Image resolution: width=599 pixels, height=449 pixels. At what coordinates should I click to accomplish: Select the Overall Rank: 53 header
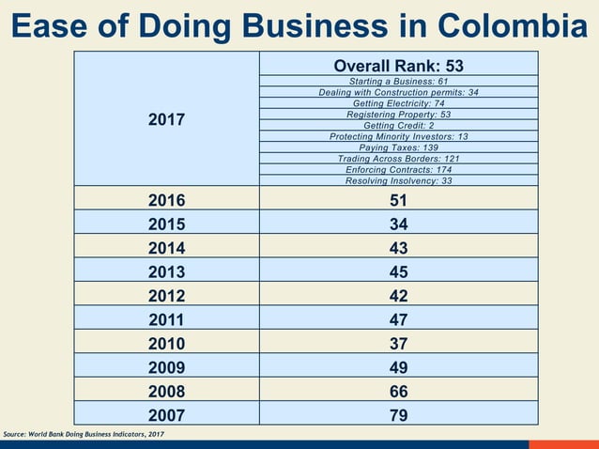point(398,66)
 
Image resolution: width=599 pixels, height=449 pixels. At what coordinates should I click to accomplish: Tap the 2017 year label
point(166,120)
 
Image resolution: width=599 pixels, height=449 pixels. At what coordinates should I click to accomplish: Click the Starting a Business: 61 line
point(398,82)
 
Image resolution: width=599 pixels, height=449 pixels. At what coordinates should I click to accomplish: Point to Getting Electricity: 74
point(398,103)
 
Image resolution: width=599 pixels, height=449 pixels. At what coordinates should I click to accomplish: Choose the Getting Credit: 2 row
point(398,125)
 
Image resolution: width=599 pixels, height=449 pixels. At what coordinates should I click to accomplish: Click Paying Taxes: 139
point(398,147)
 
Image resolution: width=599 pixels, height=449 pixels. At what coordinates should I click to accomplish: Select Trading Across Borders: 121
point(398,159)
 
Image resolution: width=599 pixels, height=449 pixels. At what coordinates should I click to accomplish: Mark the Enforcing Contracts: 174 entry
point(398,170)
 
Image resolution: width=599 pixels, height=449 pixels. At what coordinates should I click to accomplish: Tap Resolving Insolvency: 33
point(398,180)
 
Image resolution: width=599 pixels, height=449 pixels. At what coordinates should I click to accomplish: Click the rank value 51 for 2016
point(398,199)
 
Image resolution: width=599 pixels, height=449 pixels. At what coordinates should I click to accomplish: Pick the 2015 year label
point(166,224)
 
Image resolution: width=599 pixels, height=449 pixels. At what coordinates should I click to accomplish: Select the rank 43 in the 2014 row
point(398,248)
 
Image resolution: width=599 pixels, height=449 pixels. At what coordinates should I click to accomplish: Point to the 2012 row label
point(166,295)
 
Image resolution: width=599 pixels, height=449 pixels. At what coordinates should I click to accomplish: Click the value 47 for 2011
point(398,319)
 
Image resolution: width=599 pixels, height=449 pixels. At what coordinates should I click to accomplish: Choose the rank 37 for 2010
point(398,343)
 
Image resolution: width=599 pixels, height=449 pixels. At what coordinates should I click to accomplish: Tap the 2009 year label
point(166,367)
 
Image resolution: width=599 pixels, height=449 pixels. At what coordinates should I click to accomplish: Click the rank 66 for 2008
point(398,391)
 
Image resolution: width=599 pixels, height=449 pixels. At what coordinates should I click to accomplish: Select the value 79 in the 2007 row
point(398,414)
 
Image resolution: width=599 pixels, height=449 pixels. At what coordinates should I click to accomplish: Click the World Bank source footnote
point(84,434)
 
